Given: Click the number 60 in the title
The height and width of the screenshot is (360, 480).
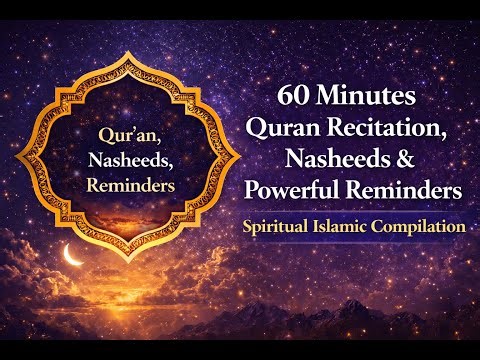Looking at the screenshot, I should coord(299,99).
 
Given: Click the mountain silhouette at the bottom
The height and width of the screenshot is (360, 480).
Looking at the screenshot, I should coord(400,320).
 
